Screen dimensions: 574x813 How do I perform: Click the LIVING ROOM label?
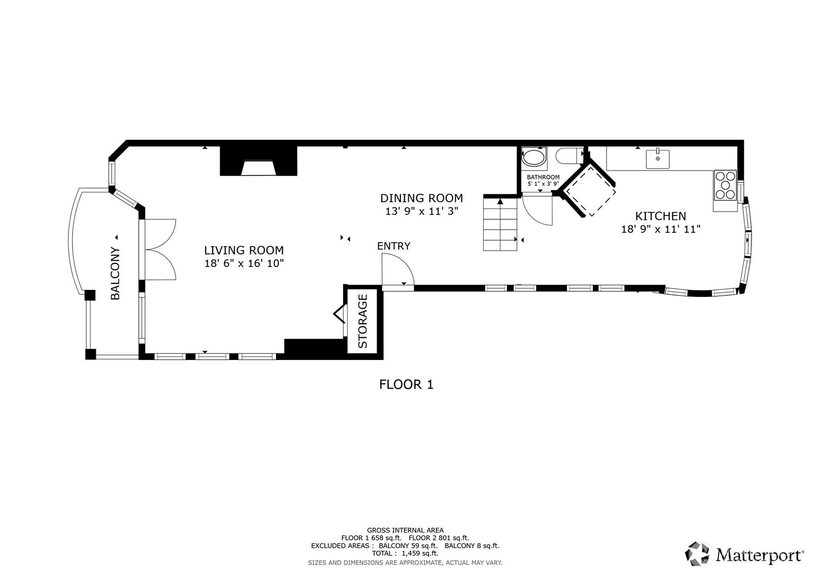click(244, 250)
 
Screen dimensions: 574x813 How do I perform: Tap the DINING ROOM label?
click(421, 198)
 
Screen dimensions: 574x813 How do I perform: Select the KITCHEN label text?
click(660, 216)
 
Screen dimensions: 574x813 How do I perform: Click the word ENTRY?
click(393, 246)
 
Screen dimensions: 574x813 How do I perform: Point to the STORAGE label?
click(363, 321)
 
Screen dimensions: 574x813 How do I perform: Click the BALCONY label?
click(115, 273)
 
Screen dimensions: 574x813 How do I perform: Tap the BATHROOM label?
click(543, 177)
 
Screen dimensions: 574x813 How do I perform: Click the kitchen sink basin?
click(658, 159)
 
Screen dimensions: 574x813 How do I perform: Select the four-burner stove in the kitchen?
click(725, 185)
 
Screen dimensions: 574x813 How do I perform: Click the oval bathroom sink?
click(534, 158)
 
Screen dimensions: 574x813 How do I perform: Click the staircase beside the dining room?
click(500, 223)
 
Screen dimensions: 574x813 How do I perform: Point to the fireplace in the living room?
click(258, 162)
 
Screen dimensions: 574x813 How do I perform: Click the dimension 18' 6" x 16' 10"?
click(244, 263)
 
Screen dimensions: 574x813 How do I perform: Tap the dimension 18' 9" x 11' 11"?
click(660, 229)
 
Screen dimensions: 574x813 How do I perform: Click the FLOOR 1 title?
click(406, 385)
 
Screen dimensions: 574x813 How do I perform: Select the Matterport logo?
click(743, 555)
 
